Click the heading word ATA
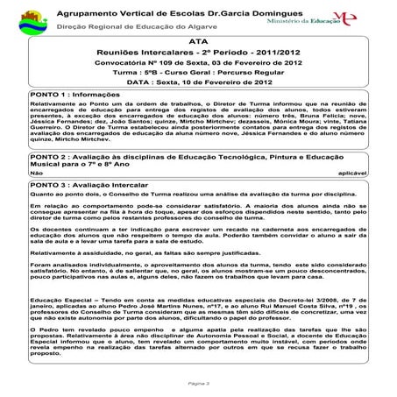(x=199, y=41)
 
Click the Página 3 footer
(x=198, y=384)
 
